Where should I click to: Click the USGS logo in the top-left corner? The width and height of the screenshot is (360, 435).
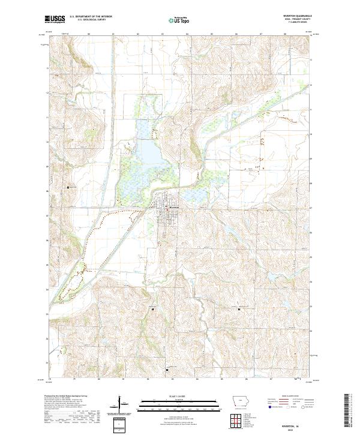pos(55,19)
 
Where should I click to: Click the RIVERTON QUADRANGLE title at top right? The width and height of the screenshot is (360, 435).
pos(293,16)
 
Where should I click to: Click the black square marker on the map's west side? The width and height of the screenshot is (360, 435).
pos(68,187)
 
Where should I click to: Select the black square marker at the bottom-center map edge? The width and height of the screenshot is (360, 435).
pos(167,370)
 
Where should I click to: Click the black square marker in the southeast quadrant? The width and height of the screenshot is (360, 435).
pos(239,309)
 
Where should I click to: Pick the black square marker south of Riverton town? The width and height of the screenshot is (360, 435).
pos(153,309)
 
